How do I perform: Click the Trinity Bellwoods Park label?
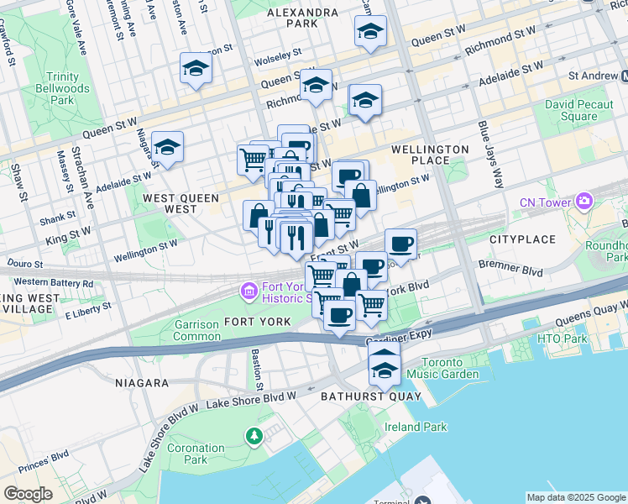(x=57, y=87)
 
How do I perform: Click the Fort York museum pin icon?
(x=249, y=291)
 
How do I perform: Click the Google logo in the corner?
(x=28, y=494)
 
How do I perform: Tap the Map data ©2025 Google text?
(x=575, y=497)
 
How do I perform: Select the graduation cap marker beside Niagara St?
(x=167, y=148)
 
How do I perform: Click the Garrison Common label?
(x=197, y=330)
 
